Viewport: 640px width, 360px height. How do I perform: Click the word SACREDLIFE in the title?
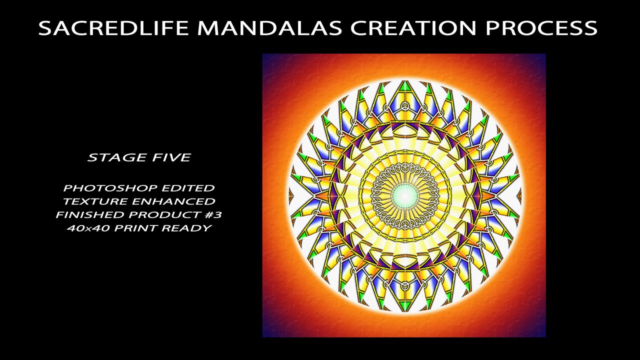113,27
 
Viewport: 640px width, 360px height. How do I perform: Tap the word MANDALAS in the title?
269,27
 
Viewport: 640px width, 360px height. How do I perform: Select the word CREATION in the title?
413,27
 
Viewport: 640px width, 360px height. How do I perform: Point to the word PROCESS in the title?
541,27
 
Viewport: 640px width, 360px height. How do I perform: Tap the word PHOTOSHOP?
110,188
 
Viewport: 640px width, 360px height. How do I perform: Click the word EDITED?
188,188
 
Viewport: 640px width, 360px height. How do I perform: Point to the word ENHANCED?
173,201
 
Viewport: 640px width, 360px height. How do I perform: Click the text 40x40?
88,228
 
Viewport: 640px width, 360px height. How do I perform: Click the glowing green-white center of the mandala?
404,195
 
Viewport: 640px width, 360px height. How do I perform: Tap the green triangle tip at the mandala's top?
404,85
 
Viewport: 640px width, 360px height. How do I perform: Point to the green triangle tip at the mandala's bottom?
404,306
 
